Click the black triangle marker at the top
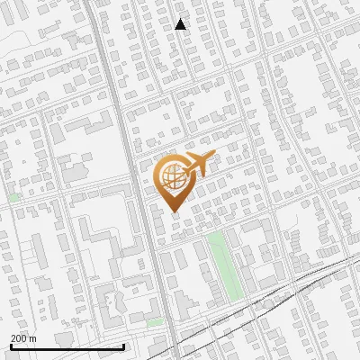181,24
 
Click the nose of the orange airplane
214,157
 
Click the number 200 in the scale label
19,338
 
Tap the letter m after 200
33,338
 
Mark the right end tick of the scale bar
123,346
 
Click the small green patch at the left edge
13,196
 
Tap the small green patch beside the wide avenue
156,321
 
